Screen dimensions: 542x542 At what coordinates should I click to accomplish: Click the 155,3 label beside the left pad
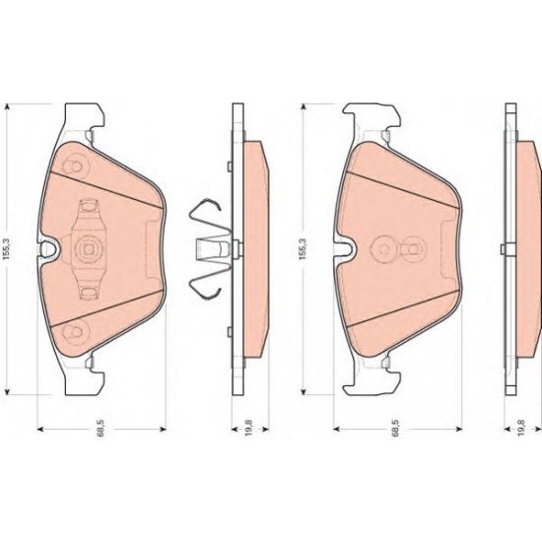click(8, 243)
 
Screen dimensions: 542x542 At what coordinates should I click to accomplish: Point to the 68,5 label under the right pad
click(394, 431)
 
